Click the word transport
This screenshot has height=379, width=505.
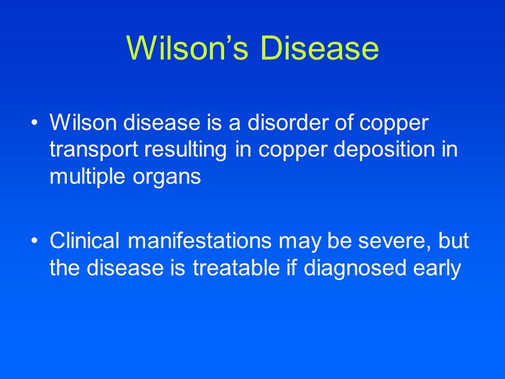pyautogui.click(x=89, y=150)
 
